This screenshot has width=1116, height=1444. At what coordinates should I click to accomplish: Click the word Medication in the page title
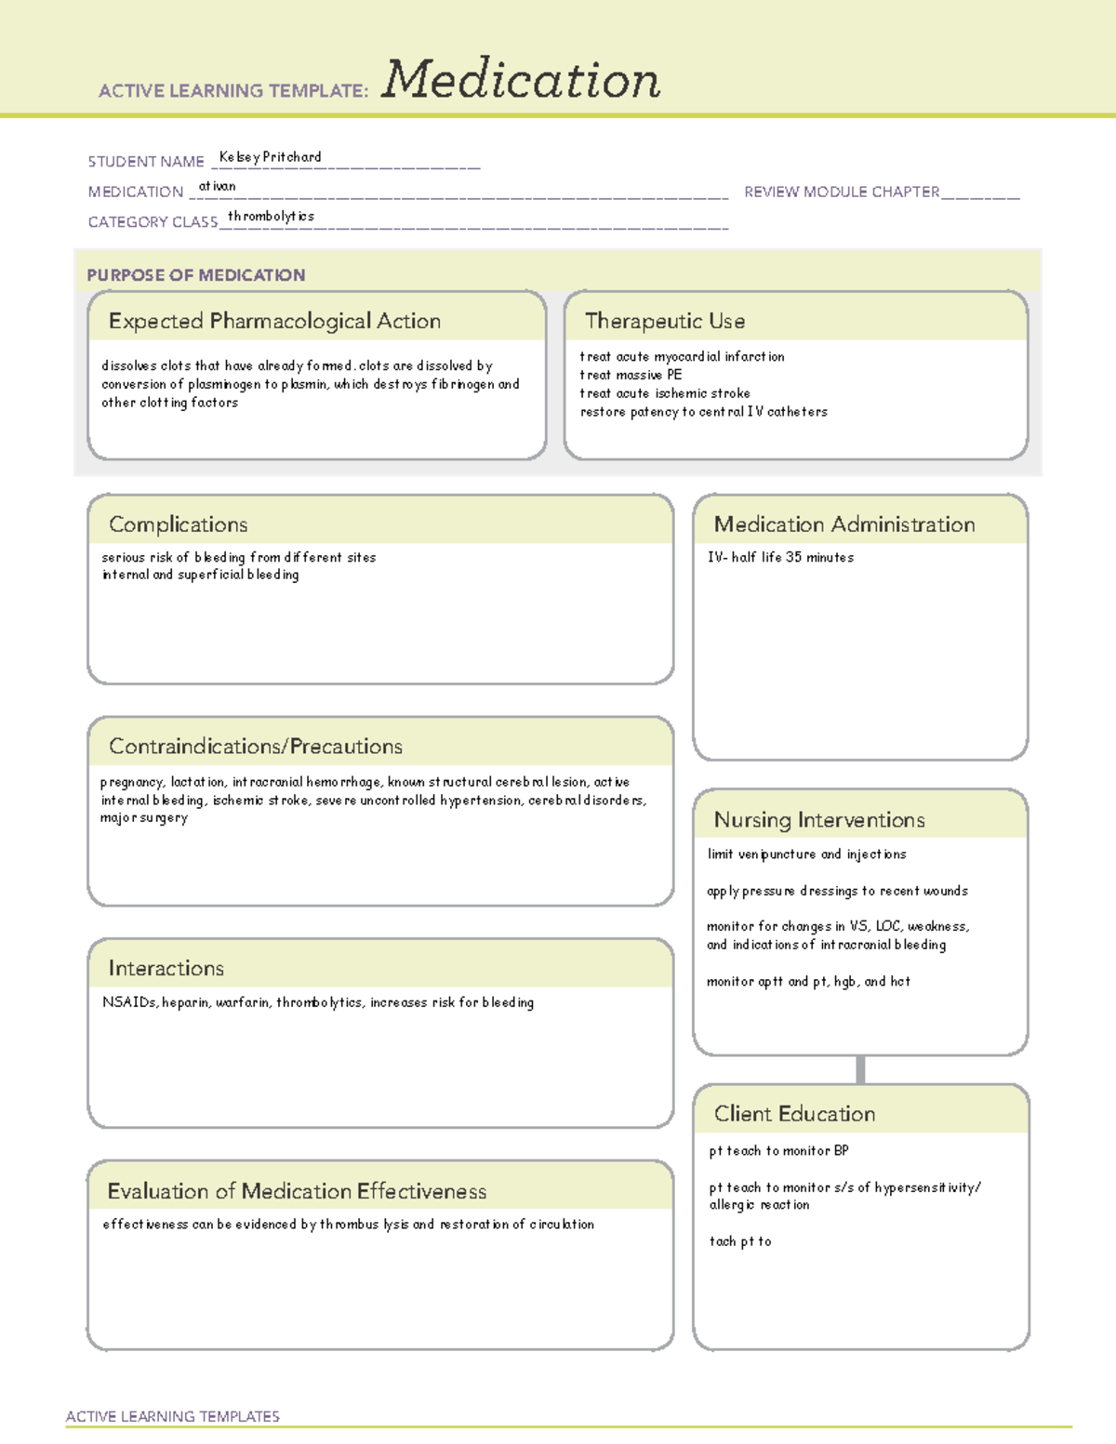pyautogui.click(x=521, y=80)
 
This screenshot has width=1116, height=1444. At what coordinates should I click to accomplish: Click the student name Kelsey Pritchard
pyautogui.click(x=270, y=157)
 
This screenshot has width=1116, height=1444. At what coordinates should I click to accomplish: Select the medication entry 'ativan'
pyautogui.click(x=217, y=187)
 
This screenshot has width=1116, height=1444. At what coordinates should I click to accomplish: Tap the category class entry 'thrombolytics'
pyautogui.click(x=271, y=217)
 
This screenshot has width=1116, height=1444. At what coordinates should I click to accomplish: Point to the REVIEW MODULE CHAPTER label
pyautogui.click(x=841, y=192)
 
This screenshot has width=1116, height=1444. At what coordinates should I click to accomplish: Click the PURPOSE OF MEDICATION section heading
pyautogui.click(x=195, y=275)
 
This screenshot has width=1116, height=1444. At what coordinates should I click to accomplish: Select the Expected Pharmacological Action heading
pyautogui.click(x=274, y=321)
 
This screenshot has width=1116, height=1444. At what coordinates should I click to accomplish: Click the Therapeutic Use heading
pyautogui.click(x=664, y=321)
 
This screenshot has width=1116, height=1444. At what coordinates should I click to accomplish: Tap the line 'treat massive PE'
pyautogui.click(x=631, y=375)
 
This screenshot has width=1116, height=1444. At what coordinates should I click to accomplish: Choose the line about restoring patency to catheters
pyautogui.click(x=703, y=412)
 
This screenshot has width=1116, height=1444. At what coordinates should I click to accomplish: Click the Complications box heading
pyautogui.click(x=178, y=524)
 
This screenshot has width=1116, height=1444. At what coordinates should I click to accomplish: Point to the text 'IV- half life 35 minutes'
pyautogui.click(x=780, y=558)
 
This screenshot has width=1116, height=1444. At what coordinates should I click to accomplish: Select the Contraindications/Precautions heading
pyautogui.click(x=256, y=747)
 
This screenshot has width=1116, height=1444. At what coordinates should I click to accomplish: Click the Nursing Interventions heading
pyautogui.click(x=818, y=820)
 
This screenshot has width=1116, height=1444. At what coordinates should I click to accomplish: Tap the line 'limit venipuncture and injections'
pyautogui.click(x=806, y=854)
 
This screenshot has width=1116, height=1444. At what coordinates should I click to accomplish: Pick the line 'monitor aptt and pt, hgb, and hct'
pyautogui.click(x=808, y=982)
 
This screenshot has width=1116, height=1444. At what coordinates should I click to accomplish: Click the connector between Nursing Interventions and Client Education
pyautogui.click(x=860, y=1069)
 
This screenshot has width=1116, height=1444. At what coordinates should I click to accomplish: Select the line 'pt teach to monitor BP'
pyautogui.click(x=778, y=1151)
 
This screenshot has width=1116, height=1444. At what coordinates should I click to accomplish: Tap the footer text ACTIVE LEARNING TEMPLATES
pyautogui.click(x=173, y=1416)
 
